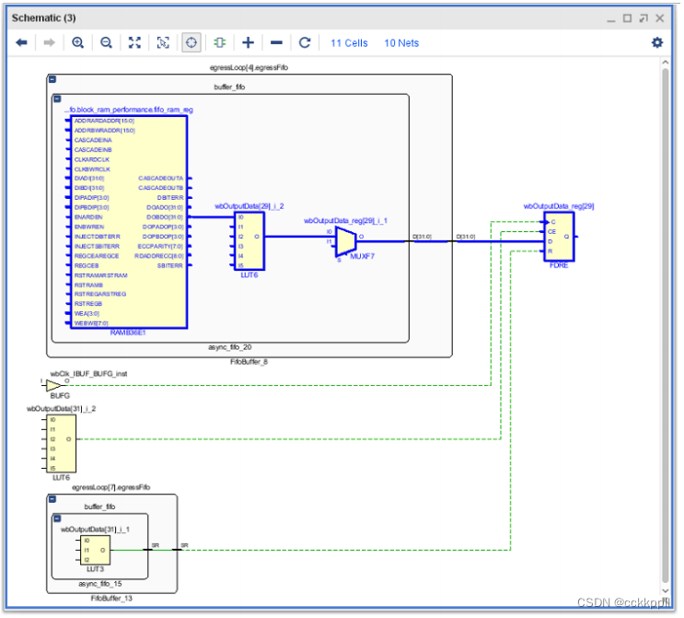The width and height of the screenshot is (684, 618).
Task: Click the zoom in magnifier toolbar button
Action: tap(77, 42)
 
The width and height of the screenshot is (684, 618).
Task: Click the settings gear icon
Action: tap(656, 42)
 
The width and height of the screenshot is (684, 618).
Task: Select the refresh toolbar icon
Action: tap(305, 42)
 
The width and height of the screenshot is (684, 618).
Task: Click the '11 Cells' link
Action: tap(349, 43)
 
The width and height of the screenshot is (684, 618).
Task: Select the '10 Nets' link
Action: tap(401, 43)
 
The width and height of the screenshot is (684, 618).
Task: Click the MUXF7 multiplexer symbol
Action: tap(344, 241)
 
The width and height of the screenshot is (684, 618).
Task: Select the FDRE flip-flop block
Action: tap(558, 240)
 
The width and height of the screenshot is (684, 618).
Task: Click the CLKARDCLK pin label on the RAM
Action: tap(93, 159)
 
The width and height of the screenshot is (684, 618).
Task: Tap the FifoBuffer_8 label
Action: tap(249, 362)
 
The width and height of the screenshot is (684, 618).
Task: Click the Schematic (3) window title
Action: tap(43, 17)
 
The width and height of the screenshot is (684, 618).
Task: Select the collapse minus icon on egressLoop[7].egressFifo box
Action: tap(52, 499)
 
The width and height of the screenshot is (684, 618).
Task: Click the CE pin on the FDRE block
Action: tap(551, 231)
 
